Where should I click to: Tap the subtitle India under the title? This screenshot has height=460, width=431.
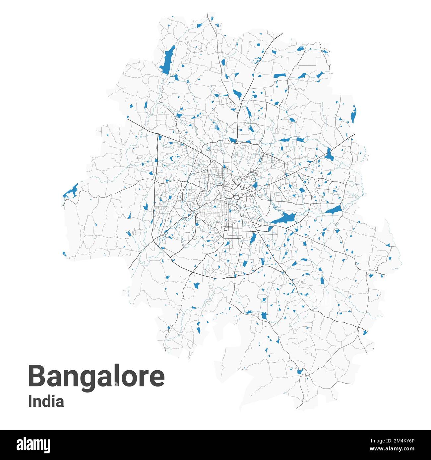pyautogui.click(x=46, y=402)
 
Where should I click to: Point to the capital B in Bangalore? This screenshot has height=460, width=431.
pyautogui.click(x=36, y=376)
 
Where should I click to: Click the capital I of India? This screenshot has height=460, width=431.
pyautogui.click(x=30, y=402)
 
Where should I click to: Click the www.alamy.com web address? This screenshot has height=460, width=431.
pyautogui.click(x=388, y=449)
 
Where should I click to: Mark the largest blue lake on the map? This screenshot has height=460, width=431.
pyautogui.click(x=283, y=218)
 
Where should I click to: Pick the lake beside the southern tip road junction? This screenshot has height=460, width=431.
pyautogui.click(x=300, y=371)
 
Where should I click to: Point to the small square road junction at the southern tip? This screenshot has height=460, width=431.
pyautogui.click(x=307, y=374)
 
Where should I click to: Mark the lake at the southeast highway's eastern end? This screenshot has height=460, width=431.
pyautogui.click(x=365, y=332)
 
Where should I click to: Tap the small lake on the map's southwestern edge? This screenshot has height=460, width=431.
pyautogui.click(x=64, y=254)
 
